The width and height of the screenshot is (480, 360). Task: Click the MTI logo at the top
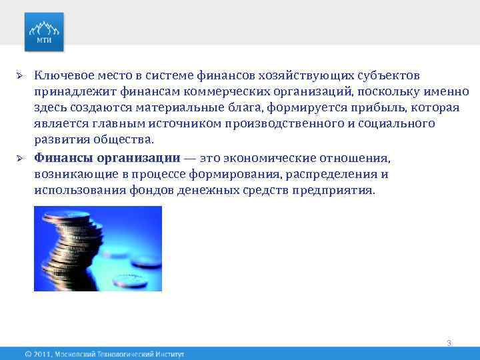pyautogui.click(x=44, y=31)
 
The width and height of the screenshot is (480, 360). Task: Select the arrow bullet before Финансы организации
pyautogui.click(x=21, y=158)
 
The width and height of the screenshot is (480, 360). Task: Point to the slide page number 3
pyautogui.click(x=449, y=343)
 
